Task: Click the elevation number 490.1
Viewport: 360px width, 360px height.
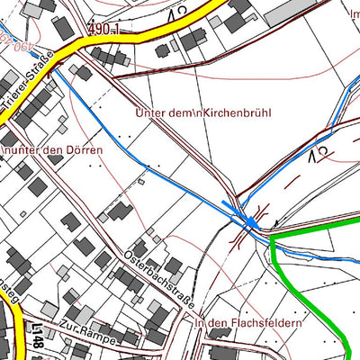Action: tap(103, 30)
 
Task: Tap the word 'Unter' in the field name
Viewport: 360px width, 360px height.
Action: tap(149, 114)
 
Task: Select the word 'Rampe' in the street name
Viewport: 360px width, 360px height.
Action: tap(102, 332)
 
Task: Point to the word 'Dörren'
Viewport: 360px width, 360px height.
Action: tap(84, 148)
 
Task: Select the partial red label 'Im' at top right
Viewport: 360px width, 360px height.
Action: tap(351, 13)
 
